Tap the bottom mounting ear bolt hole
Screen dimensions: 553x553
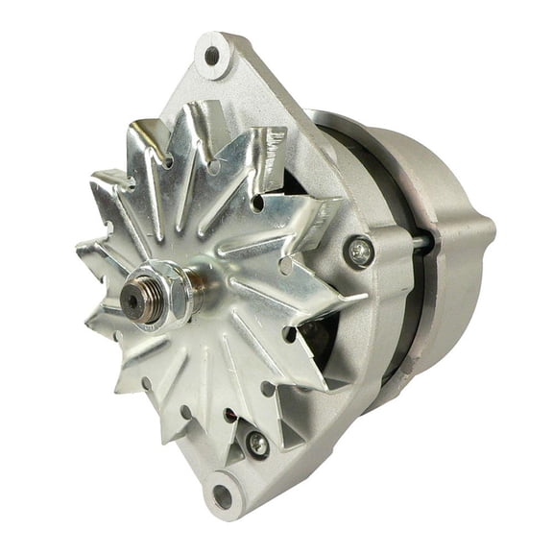coord(224,494)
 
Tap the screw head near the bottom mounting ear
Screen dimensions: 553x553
coord(256,444)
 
